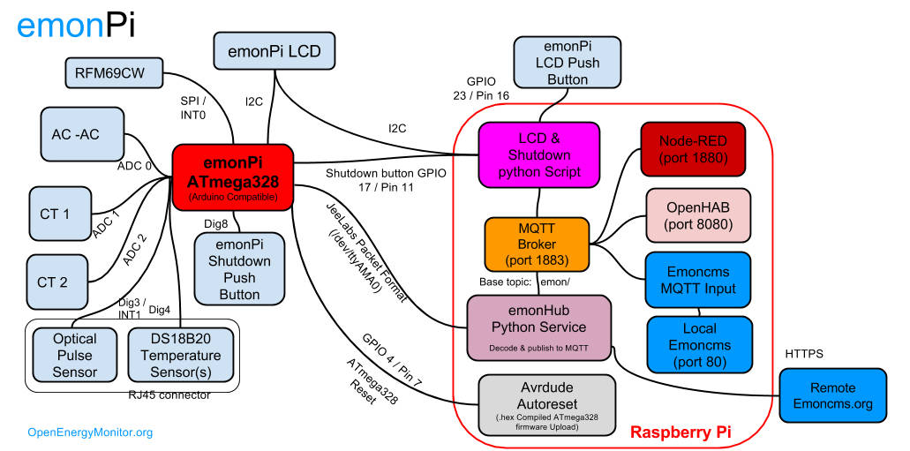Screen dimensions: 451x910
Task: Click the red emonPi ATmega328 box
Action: (232, 177)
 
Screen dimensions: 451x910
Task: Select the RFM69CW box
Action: (116, 73)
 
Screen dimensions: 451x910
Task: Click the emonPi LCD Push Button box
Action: (567, 62)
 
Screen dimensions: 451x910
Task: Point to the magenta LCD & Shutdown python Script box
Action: (538, 155)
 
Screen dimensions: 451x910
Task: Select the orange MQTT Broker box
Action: (537, 244)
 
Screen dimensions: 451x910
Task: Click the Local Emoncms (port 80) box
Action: (699, 342)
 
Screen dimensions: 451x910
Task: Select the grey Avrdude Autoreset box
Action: (545, 403)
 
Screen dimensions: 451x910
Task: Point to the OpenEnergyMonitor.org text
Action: (91, 432)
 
